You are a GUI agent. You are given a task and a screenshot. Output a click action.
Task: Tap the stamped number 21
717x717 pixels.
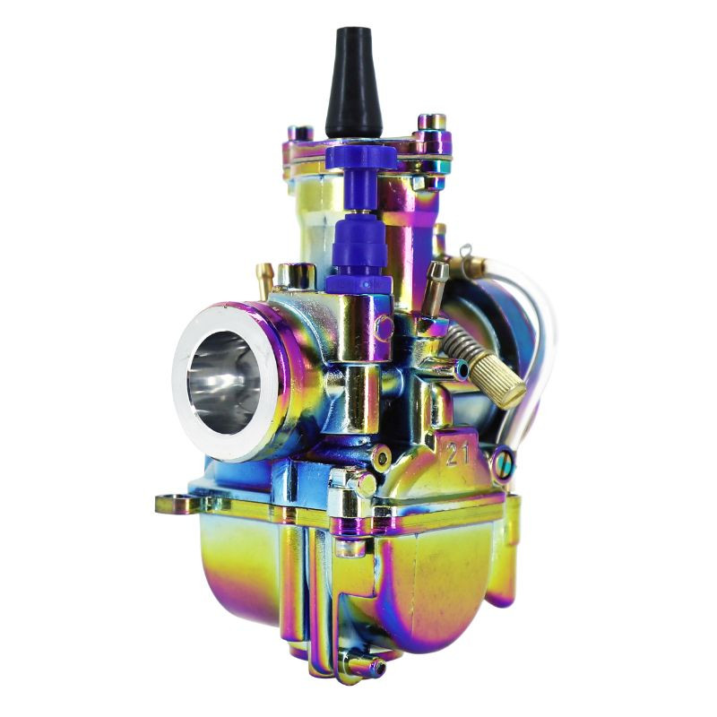(458, 455)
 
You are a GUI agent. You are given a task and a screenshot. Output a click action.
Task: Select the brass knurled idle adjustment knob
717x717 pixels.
(498, 380)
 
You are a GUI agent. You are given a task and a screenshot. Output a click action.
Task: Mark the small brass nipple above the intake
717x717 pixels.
(265, 279)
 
